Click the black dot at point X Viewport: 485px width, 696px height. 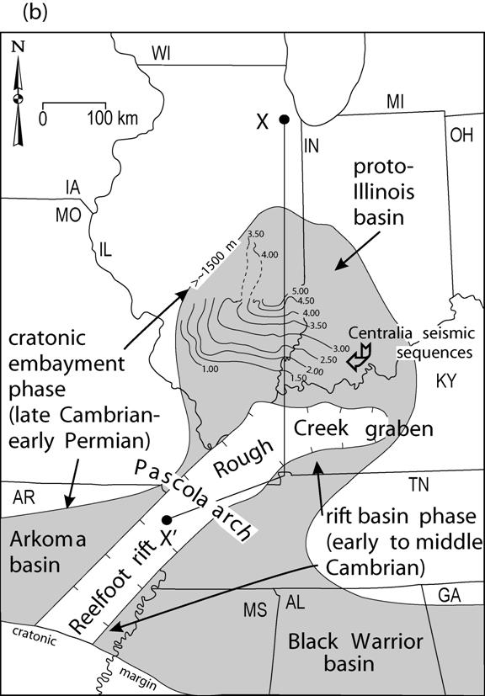[285, 119]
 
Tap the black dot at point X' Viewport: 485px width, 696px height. [167, 520]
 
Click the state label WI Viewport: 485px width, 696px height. [161, 54]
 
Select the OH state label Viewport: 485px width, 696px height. [462, 135]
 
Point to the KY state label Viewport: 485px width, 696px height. [445, 381]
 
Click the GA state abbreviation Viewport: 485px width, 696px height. [449, 596]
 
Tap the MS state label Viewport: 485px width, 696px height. [255, 610]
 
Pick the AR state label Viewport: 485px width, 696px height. [24, 498]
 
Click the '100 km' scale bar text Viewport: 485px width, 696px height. [112, 119]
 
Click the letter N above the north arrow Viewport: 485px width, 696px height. [19, 47]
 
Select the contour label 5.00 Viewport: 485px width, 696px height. [300, 291]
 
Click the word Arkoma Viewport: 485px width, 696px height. [47, 540]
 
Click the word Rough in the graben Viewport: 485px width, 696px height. [243, 458]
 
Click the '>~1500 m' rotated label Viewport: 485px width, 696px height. [216, 262]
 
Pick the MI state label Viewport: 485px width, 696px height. [395, 102]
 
